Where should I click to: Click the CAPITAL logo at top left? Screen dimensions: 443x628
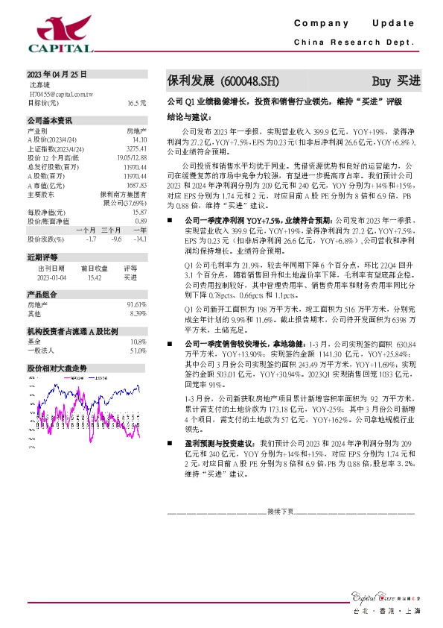[x=60, y=34]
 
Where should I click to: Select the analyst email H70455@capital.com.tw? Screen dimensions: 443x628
[x=60, y=95]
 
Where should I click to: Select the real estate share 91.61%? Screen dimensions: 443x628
[x=136, y=305]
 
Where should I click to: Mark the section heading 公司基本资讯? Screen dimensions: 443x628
[x=50, y=120]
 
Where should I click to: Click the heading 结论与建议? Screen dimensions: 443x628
[x=190, y=117]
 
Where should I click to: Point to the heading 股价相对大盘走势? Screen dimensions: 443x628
[x=57, y=368]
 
